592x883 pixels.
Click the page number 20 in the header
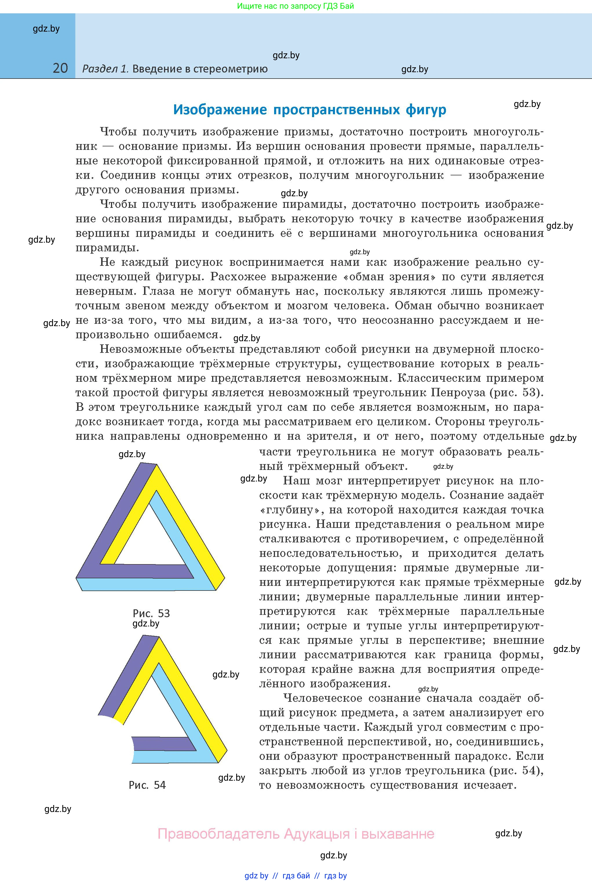point(60,68)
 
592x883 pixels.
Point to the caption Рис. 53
point(151,613)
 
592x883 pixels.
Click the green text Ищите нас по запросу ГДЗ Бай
point(296,6)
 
